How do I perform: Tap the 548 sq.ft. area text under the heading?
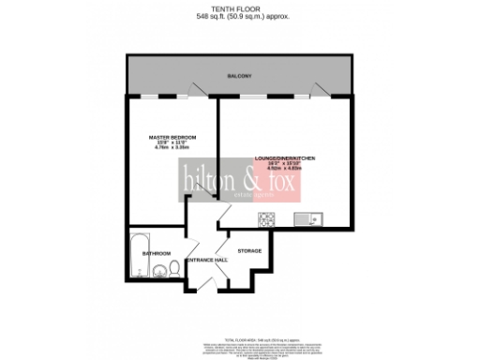coord(240,17)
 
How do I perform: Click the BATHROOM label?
coord(156,253)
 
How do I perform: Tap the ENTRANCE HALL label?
coord(207,260)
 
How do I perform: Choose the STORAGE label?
coord(248,251)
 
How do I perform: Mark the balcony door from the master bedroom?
coord(195,92)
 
